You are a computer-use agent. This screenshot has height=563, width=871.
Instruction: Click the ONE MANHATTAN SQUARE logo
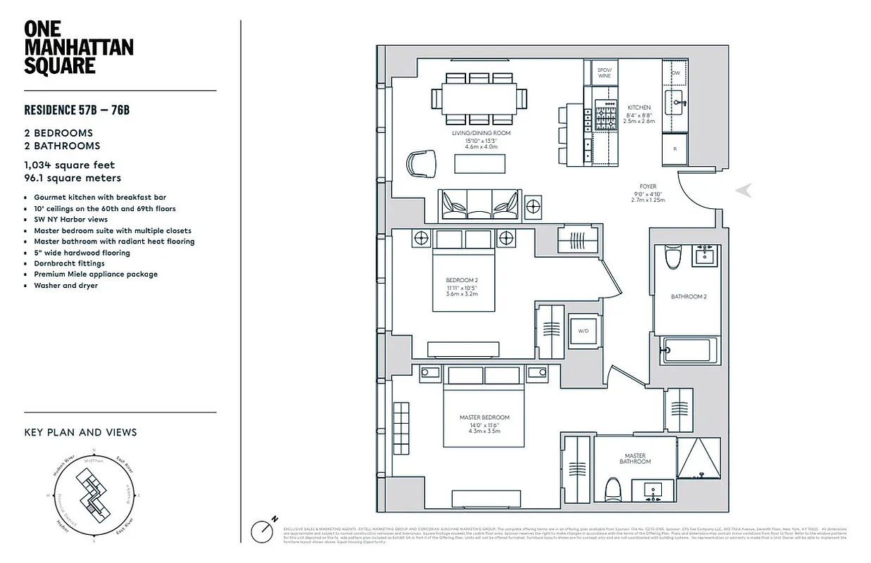pos(78,48)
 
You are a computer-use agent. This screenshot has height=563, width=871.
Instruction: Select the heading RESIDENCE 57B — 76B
pos(77,110)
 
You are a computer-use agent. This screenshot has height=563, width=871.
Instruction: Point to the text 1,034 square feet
pos(69,165)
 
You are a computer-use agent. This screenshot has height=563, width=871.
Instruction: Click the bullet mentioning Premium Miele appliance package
pos(96,274)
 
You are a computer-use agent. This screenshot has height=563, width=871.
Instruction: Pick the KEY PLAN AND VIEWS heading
pos(80,432)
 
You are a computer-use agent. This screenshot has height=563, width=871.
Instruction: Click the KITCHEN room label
pos(639,108)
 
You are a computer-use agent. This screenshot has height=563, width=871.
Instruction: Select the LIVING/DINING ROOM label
pos(481,133)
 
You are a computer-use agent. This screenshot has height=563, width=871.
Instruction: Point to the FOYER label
pos(647,187)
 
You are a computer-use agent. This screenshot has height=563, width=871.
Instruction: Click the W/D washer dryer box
pos(584,330)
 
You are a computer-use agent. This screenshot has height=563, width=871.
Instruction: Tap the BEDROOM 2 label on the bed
pos(461,280)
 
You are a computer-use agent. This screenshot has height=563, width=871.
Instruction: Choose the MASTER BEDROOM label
pos(484,417)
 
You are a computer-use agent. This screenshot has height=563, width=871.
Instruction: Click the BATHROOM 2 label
pos(688,297)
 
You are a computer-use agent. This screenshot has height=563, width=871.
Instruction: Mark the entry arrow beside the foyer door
pos(743,190)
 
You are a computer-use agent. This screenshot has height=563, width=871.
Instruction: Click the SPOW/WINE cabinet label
pos(603,72)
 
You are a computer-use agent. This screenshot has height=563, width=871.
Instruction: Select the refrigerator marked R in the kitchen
pos(675,149)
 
